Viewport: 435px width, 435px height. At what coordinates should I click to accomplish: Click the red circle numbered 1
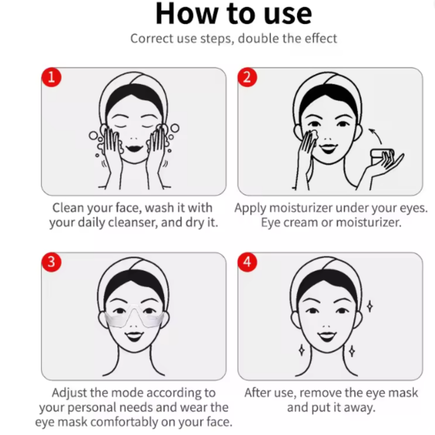[51, 77]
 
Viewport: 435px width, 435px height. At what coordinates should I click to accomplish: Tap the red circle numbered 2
[247, 77]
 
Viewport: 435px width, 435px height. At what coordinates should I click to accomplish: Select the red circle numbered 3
[51, 262]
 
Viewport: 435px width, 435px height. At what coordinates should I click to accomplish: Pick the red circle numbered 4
[247, 262]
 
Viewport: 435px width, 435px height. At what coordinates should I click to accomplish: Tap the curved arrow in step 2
[375, 135]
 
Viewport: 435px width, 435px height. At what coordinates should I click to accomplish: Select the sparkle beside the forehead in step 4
[369, 306]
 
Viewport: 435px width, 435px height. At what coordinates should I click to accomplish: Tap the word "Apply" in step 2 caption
[250, 208]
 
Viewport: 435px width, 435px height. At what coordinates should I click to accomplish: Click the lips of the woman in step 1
[135, 148]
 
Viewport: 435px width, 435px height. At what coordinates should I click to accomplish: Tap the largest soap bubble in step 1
[174, 128]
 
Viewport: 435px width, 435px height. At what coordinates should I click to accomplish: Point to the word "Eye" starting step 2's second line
[270, 223]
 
